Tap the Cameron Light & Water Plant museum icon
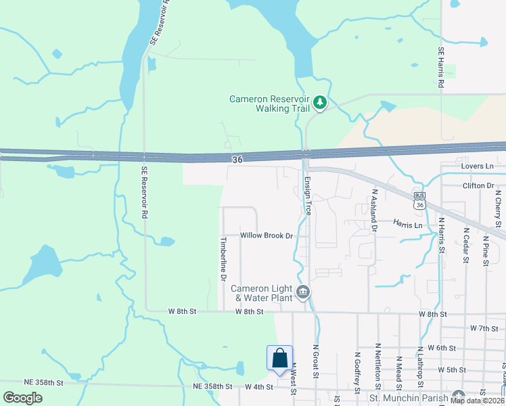click(303, 292)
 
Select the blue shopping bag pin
click(279, 359)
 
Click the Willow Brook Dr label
click(267, 235)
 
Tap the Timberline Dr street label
click(223, 258)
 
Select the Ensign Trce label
click(307, 196)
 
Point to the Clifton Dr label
click(478, 185)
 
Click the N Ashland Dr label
click(373, 210)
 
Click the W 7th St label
click(484, 328)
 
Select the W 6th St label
click(442, 348)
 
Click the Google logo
click(23, 397)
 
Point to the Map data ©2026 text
click(478, 401)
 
